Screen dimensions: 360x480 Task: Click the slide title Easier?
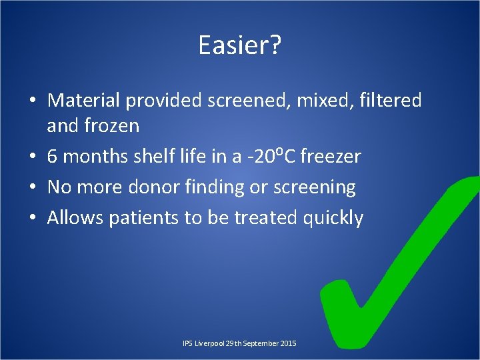pos(240,45)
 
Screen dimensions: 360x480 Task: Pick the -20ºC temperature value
pos(271,156)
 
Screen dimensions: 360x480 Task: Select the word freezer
pos(331,157)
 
